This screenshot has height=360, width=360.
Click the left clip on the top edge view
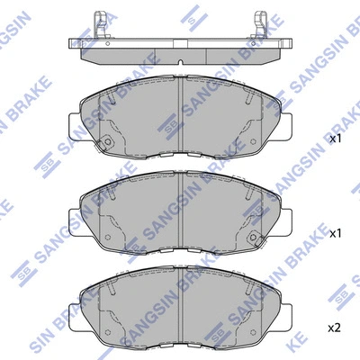(x=101, y=24)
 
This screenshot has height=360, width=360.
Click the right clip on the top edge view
(x=260, y=24)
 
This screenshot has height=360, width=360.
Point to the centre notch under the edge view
(x=180, y=62)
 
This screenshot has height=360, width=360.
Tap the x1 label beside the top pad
(x=336, y=139)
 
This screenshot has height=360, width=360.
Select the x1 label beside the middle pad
(x=336, y=234)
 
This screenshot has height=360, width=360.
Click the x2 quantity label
(x=335, y=328)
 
